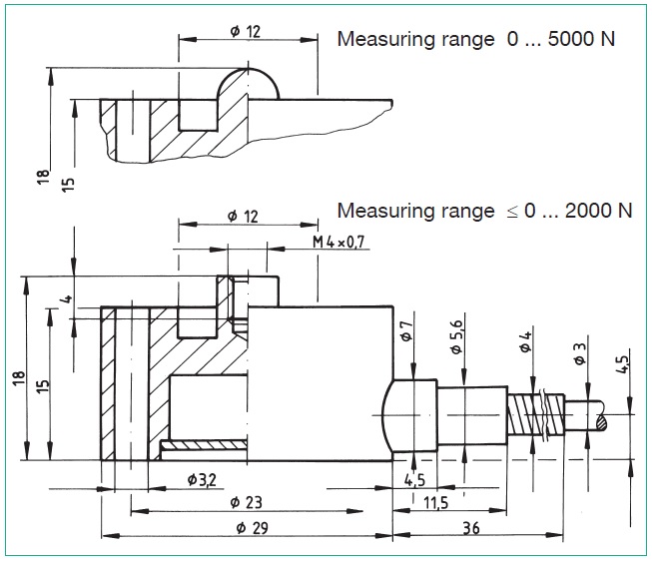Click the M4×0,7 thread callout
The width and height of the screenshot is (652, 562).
coord(338,242)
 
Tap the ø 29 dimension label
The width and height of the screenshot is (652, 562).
coord(252,528)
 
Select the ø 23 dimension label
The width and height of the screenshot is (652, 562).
coord(247,502)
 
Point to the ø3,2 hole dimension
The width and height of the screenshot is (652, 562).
coord(202,480)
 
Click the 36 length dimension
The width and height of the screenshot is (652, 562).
coord(471,528)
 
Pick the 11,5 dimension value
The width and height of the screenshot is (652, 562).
coord(435,503)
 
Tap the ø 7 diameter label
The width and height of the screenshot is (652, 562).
coord(407,331)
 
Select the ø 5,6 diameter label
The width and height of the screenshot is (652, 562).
coord(456,336)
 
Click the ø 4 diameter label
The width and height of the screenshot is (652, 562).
coord(525,341)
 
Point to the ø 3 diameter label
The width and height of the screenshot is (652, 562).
coord(580,353)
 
